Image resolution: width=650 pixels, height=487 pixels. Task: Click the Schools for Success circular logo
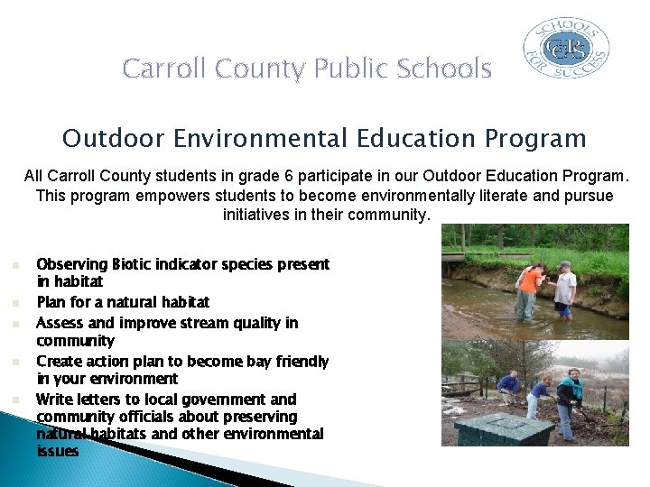567,49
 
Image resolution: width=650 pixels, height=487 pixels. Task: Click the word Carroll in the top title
162,69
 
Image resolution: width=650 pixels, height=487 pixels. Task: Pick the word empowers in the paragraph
161,196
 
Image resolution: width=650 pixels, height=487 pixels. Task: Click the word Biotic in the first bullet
137,264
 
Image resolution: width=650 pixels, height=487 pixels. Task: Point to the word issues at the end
58,451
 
